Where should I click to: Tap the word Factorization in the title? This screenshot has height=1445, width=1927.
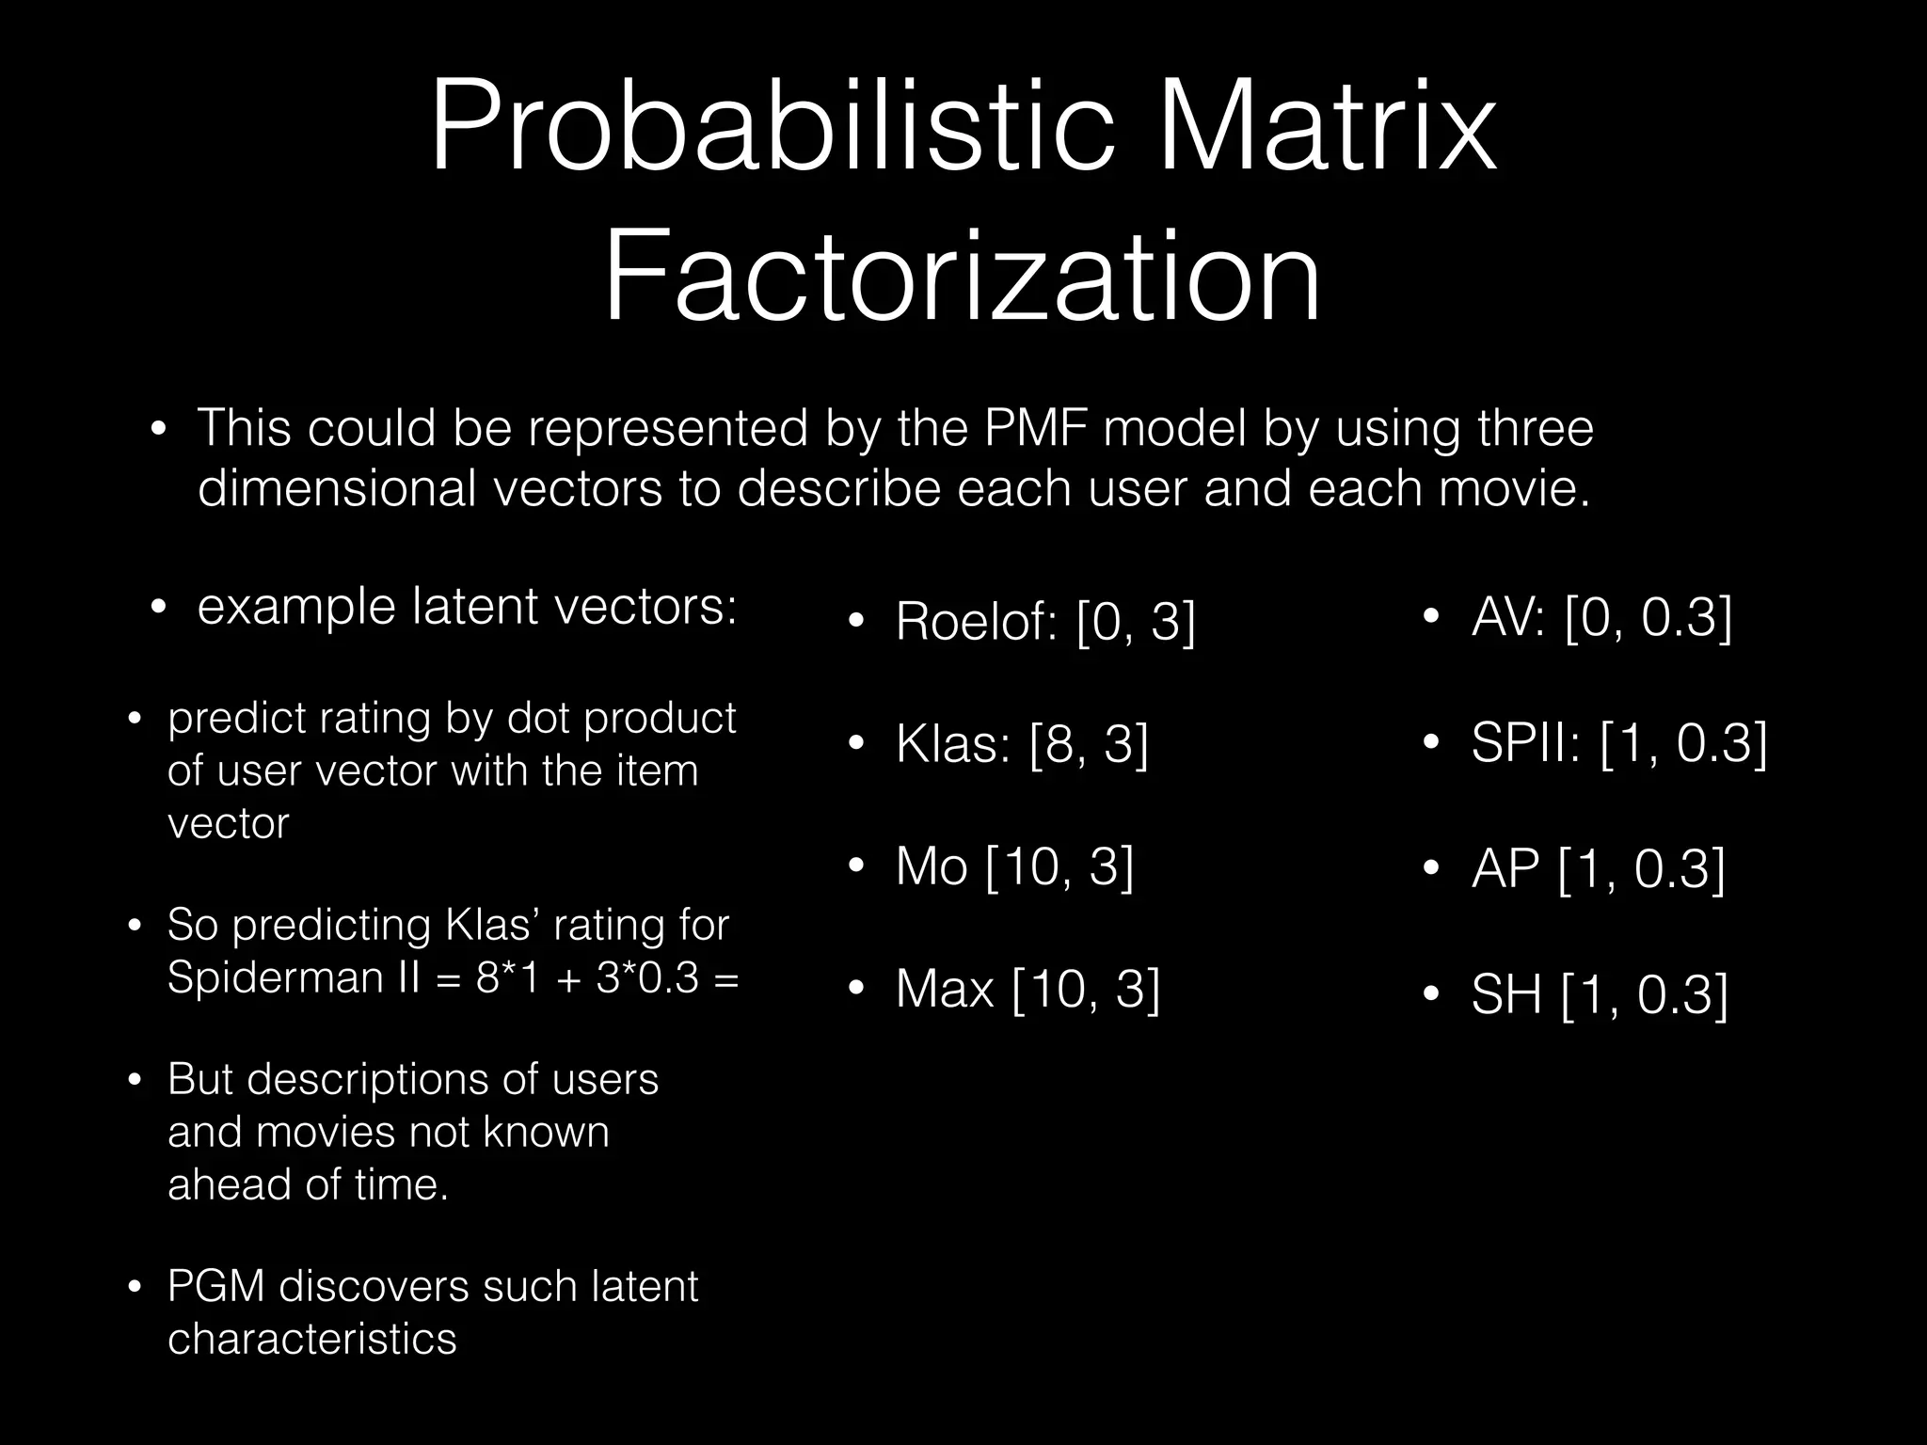(x=962, y=279)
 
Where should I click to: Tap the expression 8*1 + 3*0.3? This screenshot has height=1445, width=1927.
(x=587, y=978)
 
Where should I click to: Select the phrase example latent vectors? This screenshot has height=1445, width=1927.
(x=467, y=606)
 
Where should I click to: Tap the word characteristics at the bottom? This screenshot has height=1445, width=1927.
(x=311, y=1339)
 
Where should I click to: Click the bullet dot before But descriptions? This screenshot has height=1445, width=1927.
(x=135, y=1081)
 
